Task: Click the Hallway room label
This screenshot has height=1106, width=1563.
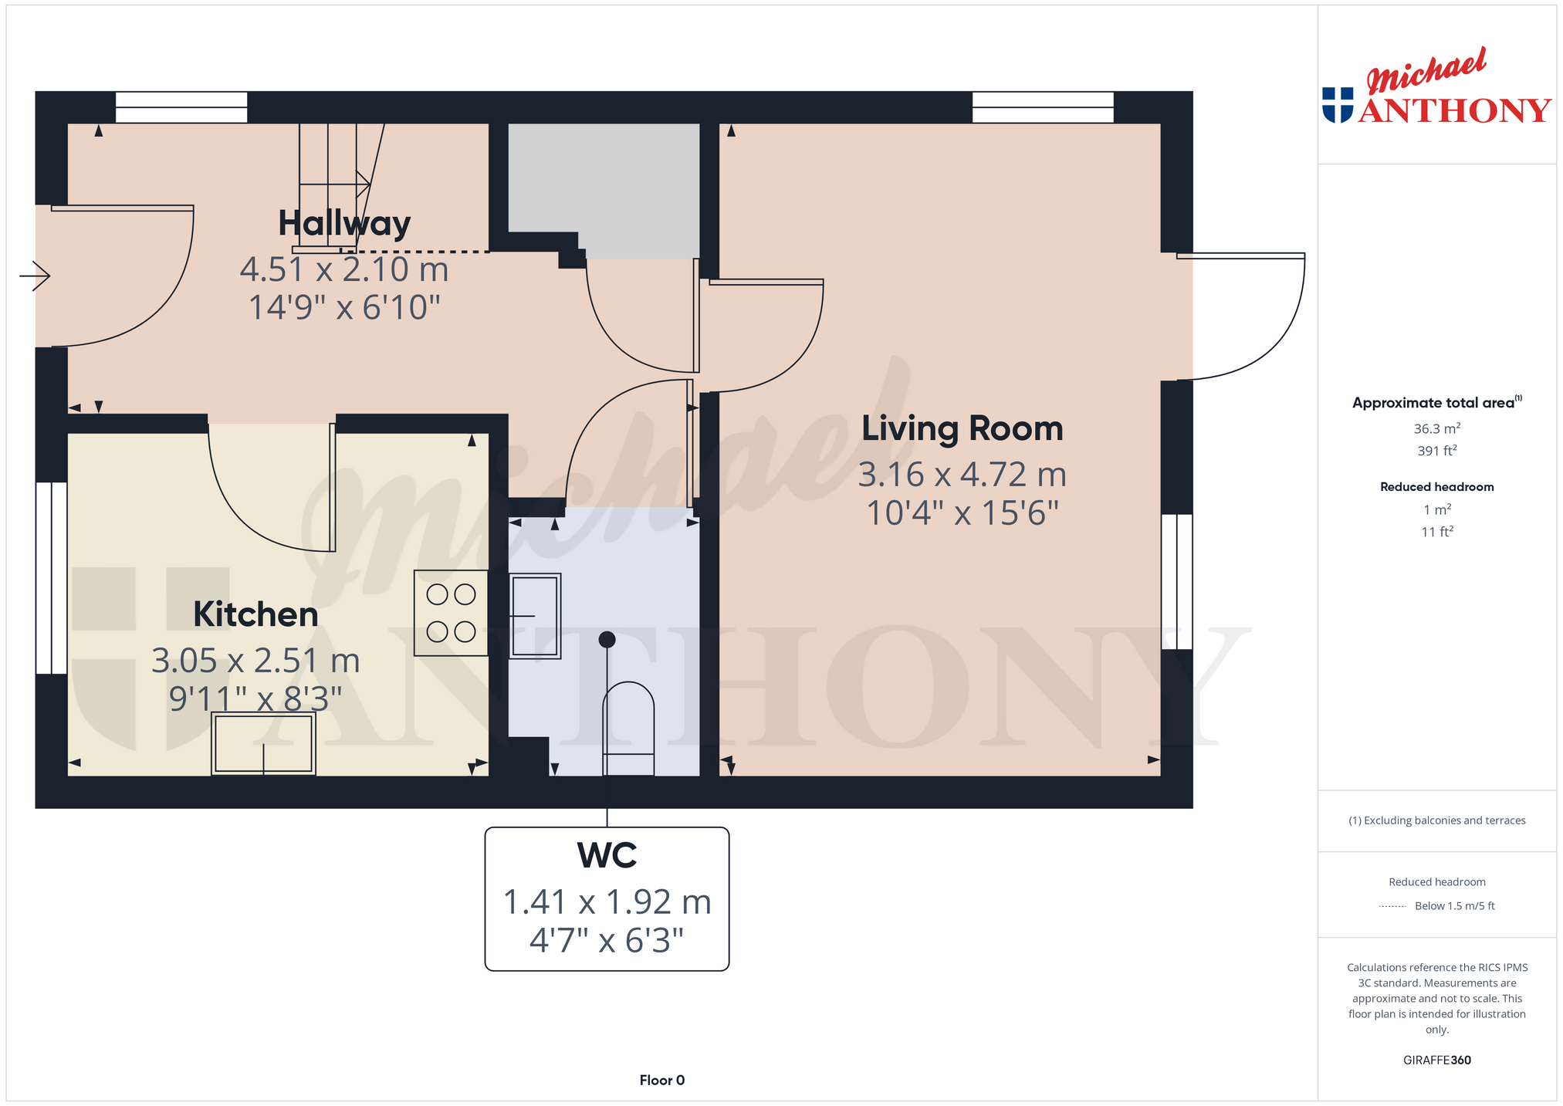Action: (x=344, y=224)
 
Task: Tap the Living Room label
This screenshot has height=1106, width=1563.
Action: (x=962, y=428)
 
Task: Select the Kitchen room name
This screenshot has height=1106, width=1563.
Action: (x=255, y=614)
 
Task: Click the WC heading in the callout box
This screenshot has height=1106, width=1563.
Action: (x=607, y=855)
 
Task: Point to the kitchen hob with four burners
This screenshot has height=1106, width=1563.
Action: (x=451, y=613)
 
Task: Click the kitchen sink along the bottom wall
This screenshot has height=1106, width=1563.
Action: (x=263, y=743)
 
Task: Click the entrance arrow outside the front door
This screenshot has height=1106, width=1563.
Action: (x=35, y=275)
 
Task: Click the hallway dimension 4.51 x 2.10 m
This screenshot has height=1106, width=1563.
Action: (x=344, y=269)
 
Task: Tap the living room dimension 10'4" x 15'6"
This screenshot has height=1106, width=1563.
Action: (x=962, y=513)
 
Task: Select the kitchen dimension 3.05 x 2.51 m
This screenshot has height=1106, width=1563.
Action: (x=255, y=661)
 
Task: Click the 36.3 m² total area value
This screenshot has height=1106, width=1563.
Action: (x=1436, y=428)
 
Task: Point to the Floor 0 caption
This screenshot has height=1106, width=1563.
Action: (x=661, y=1080)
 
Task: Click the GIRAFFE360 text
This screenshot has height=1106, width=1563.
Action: (x=1436, y=1060)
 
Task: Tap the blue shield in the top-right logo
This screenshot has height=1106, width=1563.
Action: (x=1338, y=105)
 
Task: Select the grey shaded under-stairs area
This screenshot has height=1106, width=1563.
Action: (x=604, y=185)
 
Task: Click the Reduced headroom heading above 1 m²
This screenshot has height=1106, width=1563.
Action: (x=1436, y=486)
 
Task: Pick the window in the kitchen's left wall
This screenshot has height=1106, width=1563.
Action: (x=52, y=578)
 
